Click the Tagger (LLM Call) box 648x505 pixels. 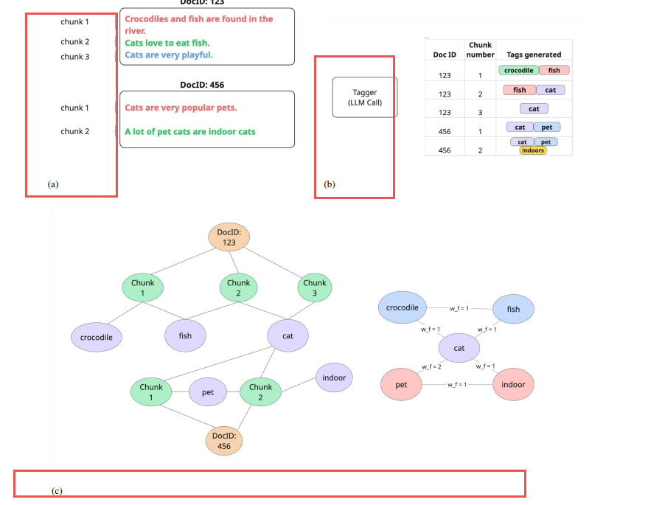point(364,97)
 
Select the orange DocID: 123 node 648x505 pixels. point(229,237)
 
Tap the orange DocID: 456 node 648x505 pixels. point(224,441)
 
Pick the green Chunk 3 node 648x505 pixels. point(314,288)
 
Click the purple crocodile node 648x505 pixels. point(97,338)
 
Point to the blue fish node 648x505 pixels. point(513,309)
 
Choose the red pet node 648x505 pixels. point(401,385)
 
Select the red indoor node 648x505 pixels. point(513,385)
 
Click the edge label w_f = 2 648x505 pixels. point(431,366)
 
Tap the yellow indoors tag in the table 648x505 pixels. point(532,150)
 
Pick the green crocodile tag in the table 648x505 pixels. point(518,71)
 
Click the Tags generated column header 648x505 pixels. point(534,55)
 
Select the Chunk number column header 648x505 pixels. point(480,49)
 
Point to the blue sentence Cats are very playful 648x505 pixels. point(169,55)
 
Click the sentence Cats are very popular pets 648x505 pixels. point(181,108)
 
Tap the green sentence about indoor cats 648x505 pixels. point(190,131)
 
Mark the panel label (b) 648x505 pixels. point(330,184)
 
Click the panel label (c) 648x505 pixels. point(57,490)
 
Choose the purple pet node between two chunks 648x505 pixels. point(208,392)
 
